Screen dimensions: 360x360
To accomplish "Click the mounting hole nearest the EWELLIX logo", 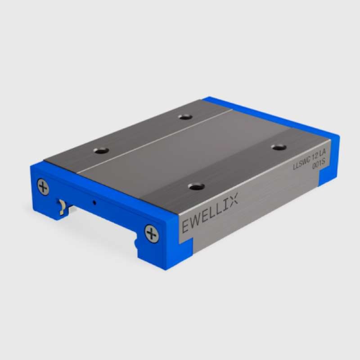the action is pyautogui.click(x=196, y=186).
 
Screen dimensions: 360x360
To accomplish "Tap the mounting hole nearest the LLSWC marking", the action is pyautogui.click(x=279, y=147).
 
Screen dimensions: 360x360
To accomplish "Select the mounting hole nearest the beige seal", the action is pyautogui.click(x=101, y=151).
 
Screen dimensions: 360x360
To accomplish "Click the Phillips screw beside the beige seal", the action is pyautogui.click(x=43, y=187).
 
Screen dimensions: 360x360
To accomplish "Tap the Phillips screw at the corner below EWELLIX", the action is pyautogui.click(x=152, y=234).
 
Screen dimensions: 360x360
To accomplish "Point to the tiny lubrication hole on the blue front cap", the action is pyautogui.click(x=94, y=202).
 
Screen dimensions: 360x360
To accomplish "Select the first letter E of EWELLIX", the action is pyautogui.click(x=185, y=226).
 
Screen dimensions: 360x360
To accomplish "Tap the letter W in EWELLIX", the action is pyautogui.click(x=195, y=221).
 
